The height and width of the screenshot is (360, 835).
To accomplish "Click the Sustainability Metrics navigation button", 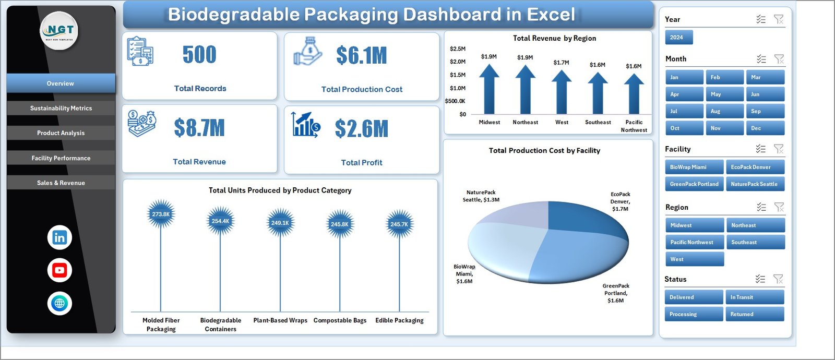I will pos(61,108).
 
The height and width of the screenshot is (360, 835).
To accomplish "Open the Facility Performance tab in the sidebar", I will pos(61,158).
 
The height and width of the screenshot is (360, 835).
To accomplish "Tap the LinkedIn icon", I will pos(59,237).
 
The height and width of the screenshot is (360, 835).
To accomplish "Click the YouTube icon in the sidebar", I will pos(59,270).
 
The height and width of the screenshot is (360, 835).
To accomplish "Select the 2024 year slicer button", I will pos(678,38).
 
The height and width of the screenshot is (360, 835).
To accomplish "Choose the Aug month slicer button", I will pos(725,111).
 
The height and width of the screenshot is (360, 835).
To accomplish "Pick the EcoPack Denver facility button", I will pos(755,167).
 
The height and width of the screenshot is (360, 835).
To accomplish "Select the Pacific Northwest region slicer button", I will pos(694,242).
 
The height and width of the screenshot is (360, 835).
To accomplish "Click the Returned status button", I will pos(755,314).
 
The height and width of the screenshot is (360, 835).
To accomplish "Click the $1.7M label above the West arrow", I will pos(562,63).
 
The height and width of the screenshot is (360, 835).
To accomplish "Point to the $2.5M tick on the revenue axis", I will pos(458,49).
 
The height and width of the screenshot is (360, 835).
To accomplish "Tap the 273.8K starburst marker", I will pos(161,214).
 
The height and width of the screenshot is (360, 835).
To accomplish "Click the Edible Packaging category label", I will pos(399,320).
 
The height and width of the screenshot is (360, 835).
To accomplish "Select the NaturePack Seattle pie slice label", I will pos(481,196).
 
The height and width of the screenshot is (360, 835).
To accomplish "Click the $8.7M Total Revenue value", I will pos(199,128).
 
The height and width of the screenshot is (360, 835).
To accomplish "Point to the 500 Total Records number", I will pos(199,55).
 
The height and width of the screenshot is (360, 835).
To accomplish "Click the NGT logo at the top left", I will pos(59,30).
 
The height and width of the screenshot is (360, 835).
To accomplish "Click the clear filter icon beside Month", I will pos(779,59).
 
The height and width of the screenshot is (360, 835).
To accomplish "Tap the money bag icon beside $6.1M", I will pos(308,51).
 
